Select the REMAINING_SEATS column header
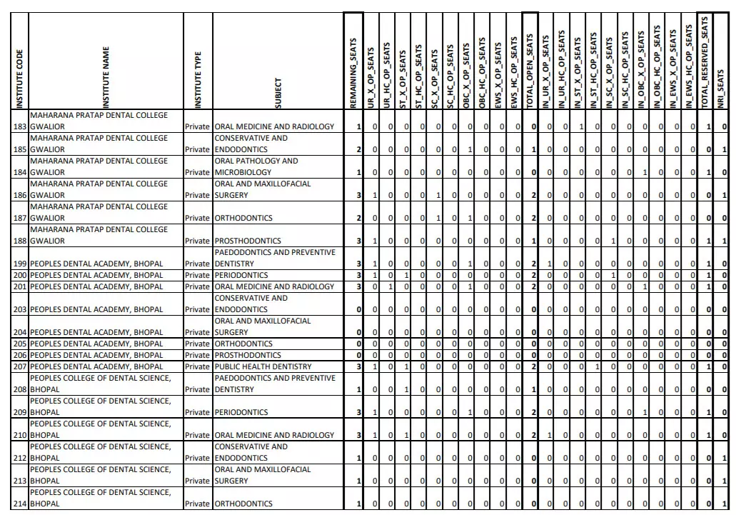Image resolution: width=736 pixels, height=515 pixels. pos(353,74)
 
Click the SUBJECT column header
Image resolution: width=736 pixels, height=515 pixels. pos(278,93)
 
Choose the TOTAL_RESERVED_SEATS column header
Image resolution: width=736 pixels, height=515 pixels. pos(705,63)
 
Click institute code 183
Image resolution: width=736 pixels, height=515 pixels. pos(20,126)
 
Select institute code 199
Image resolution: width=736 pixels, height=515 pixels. pos(20,264)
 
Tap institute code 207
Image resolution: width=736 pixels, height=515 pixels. pos(20,366)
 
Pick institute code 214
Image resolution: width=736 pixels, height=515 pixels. pos(20,504)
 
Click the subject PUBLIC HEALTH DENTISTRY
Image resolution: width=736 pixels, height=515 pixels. pos(263,366)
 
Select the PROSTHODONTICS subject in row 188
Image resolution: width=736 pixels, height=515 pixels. pos(248,241)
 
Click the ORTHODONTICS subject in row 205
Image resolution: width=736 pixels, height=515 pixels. pos(243,344)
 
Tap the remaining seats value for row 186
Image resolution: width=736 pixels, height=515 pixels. pos(358,195)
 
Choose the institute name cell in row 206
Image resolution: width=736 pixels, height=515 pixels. pos(96,355)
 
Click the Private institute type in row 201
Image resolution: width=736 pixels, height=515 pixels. pos(197,286)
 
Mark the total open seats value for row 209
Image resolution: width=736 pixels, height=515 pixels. pos(533,412)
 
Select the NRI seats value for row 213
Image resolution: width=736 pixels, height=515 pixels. pos(724,481)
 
